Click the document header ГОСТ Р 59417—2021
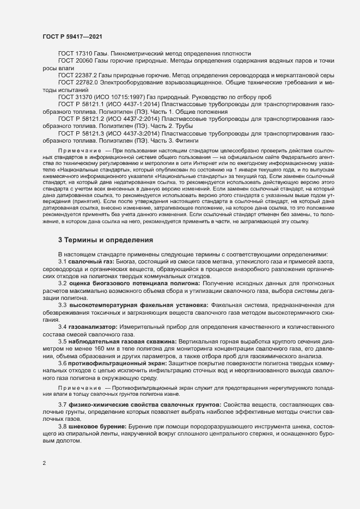71,36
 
